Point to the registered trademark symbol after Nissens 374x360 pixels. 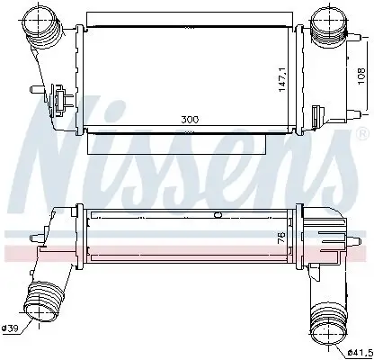click(363, 131)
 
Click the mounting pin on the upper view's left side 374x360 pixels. click(33, 89)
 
